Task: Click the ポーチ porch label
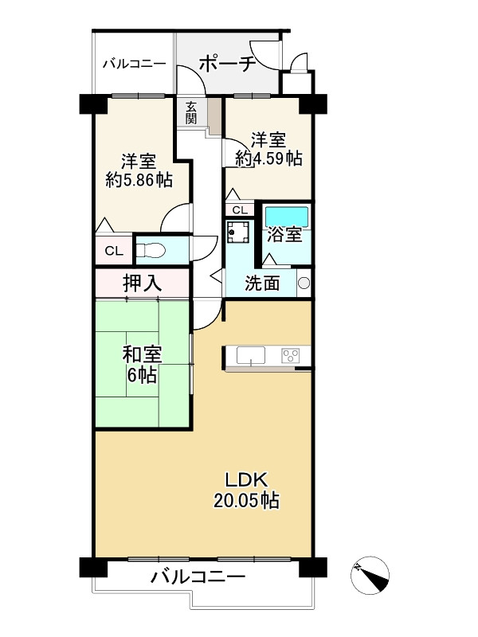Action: click(x=227, y=64)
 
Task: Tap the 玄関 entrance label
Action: click(x=191, y=112)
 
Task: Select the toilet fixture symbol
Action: click(x=151, y=250)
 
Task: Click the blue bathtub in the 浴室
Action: click(x=287, y=216)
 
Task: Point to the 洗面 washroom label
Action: click(x=262, y=283)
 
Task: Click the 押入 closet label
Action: click(x=143, y=283)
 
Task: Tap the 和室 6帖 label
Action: click(x=143, y=365)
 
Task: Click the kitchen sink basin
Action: click(x=251, y=355)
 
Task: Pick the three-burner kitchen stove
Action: click(x=290, y=355)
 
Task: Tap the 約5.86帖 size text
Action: click(x=139, y=180)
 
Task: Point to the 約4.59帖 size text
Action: click(x=269, y=158)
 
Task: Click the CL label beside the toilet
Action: click(x=114, y=251)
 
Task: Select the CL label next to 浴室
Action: click(x=240, y=210)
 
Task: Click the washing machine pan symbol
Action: click(x=237, y=232)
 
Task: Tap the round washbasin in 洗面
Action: click(x=304, y=283)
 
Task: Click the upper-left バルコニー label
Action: click(x=134, y=64)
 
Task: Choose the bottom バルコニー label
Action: click(x=198, y=576)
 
